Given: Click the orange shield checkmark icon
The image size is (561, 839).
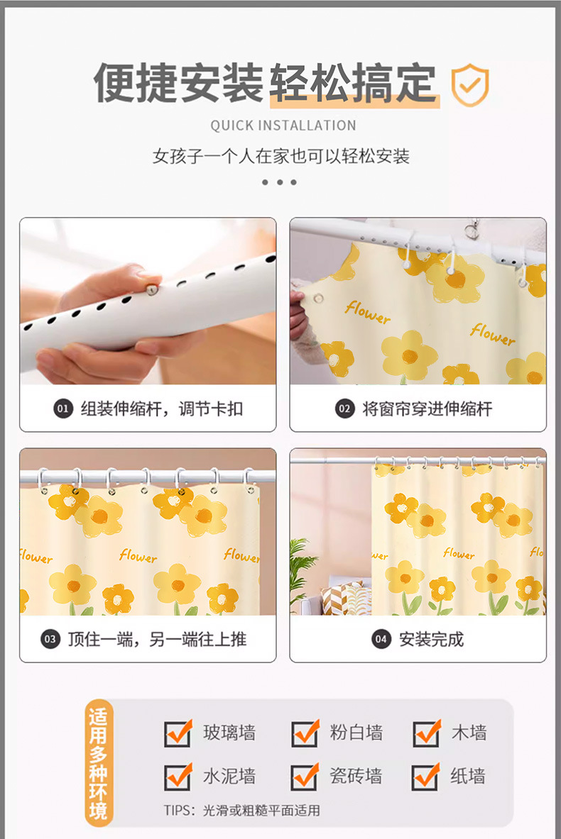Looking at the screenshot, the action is tap(470, 85).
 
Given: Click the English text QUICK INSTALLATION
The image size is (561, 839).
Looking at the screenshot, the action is tap(283, 126).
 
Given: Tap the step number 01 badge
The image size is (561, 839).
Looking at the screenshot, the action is tap(62, 409).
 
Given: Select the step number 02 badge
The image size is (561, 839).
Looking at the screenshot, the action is tap(344, 409).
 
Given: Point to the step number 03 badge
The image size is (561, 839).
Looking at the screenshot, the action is tap(50, 639).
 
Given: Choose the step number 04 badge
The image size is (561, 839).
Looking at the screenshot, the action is tap(381, 639).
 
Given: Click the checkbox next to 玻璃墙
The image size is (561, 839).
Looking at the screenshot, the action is tap(178, 733).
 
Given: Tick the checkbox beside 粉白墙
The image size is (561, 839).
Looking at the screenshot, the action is tap(305, 733).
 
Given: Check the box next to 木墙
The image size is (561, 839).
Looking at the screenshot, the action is tap(427, 733).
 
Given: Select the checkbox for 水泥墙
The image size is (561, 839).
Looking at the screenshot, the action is tap(178, 777).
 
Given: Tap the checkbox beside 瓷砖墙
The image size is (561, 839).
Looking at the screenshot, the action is tap(305, 777).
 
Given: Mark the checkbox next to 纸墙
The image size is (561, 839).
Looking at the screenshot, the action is tap(427, 777).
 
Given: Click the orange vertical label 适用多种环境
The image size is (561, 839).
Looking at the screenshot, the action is tap(99, 764).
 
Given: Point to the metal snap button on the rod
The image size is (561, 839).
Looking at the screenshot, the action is tap(152, 289).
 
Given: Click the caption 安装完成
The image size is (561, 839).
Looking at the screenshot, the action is tap(431, 639).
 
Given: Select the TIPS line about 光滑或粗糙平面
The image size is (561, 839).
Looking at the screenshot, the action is tap(241, 811).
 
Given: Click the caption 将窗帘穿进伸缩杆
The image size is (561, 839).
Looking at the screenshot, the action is tap(427, 409).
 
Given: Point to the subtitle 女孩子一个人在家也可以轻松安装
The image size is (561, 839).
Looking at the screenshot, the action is tap(281, 156).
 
